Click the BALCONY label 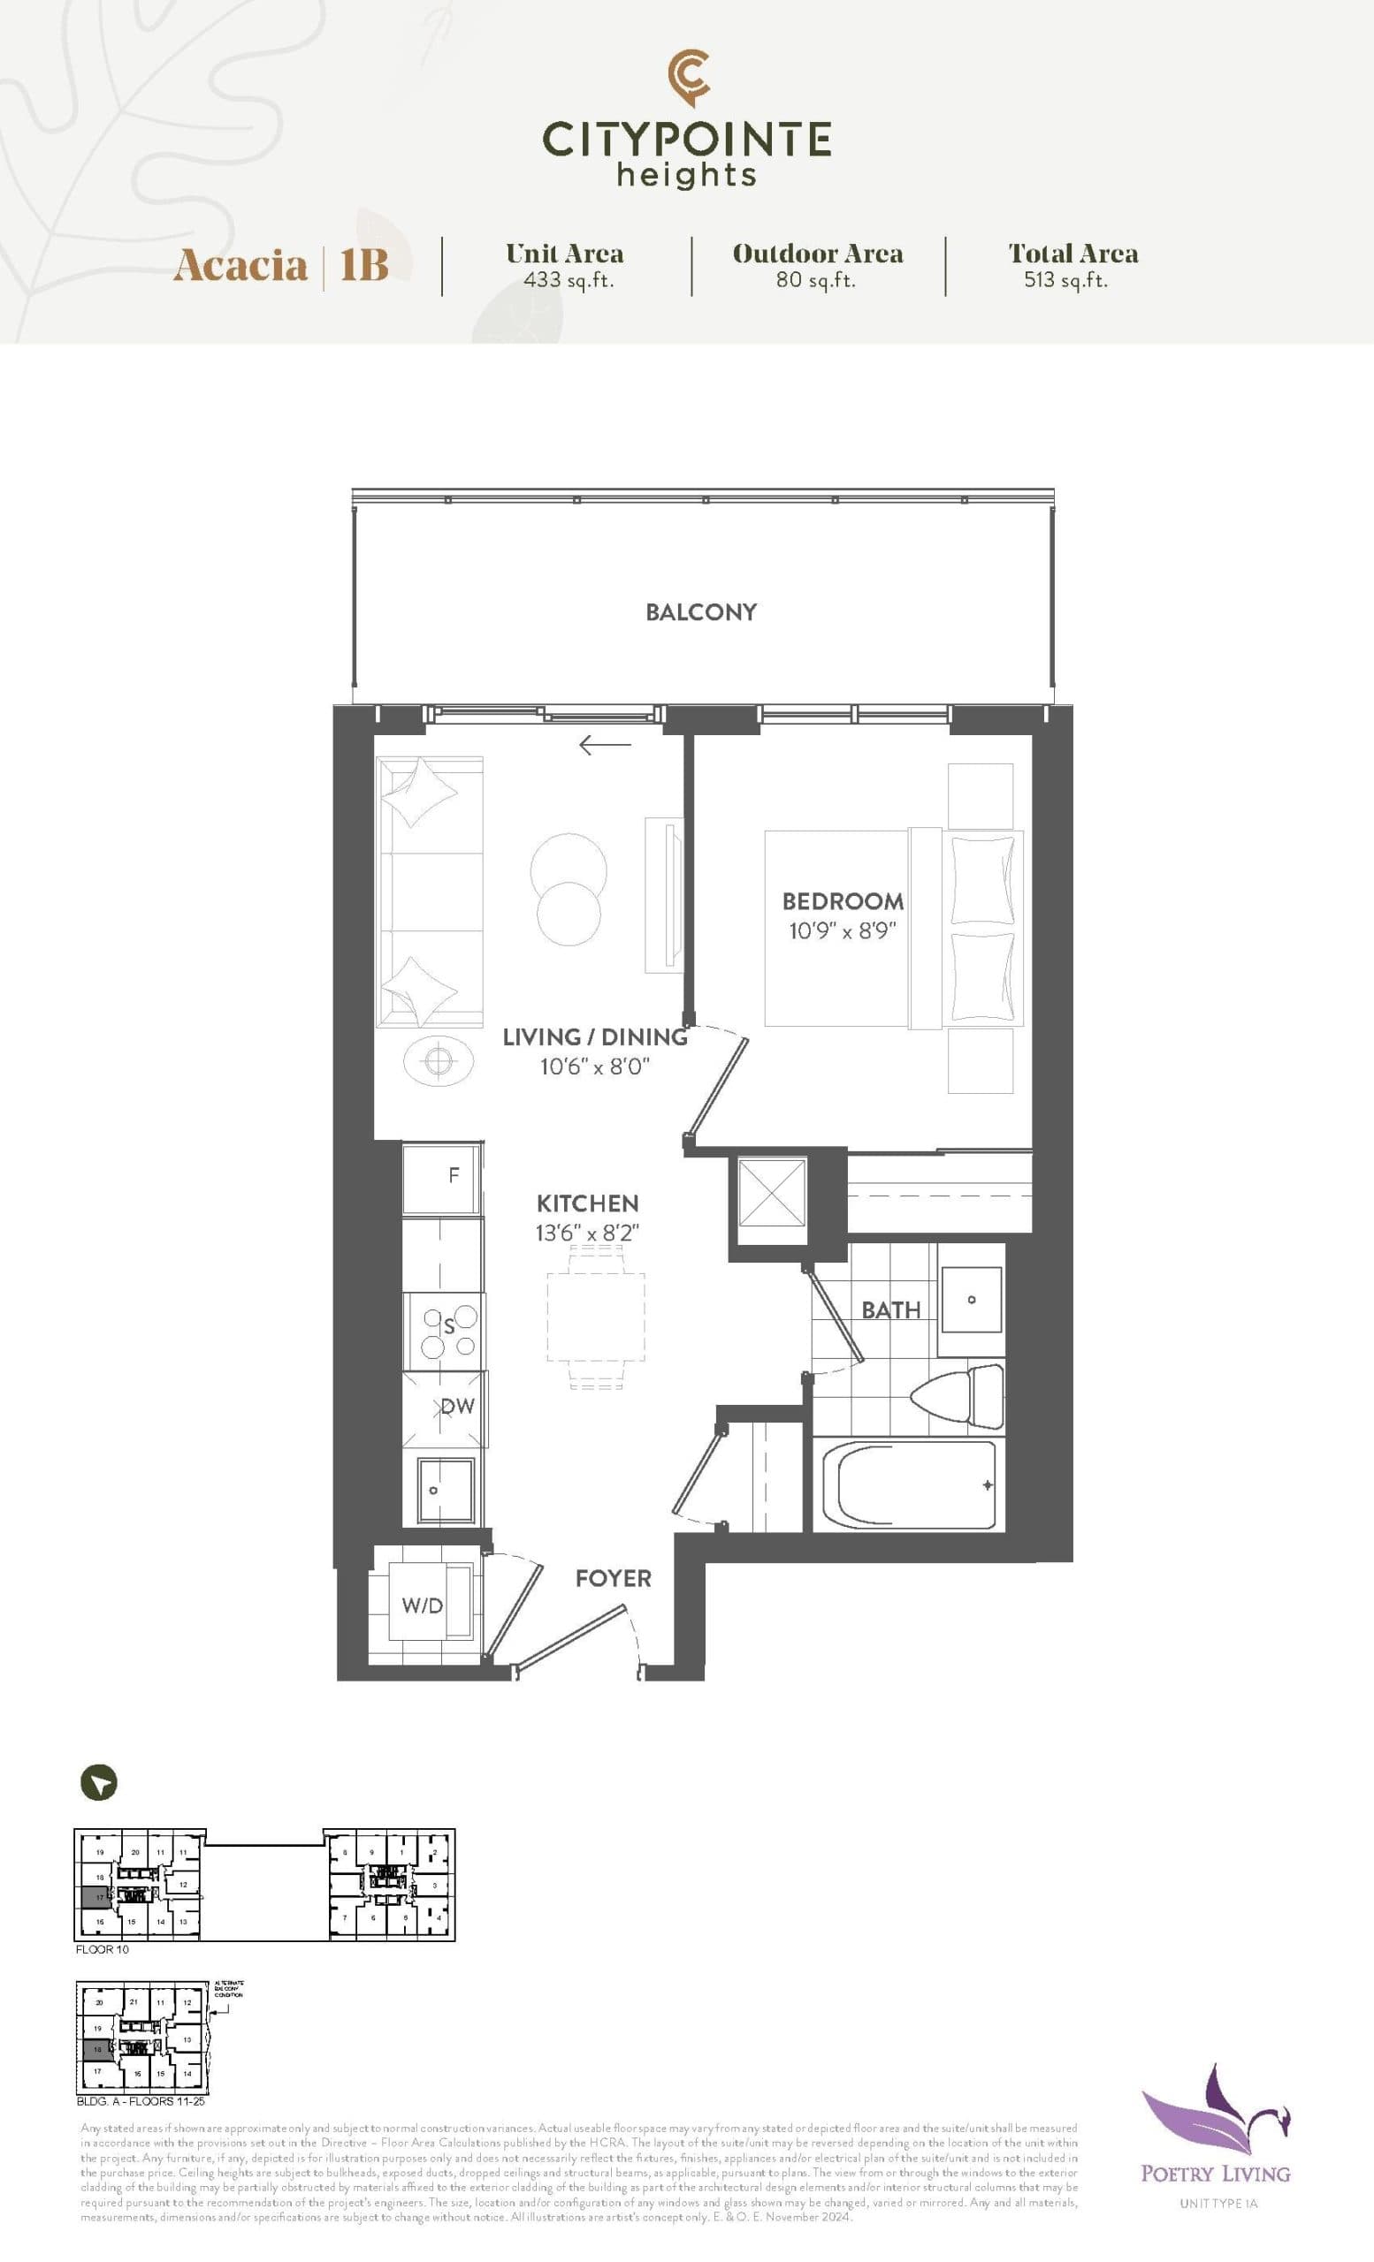point(701,612)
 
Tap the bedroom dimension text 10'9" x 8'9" point(842,931)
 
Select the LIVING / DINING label point(594,1037)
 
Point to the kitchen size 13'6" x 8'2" point(587,1233)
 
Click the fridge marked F point(443,1178)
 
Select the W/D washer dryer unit point(424,1605)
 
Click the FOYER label point(613,1579)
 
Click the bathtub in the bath point(907,1485)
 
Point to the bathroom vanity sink point(970,1300)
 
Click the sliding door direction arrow point(606,745)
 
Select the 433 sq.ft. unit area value point(568,281)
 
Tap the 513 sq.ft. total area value point(1065,281)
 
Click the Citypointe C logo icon point(688,78)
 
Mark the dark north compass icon point(99,1783)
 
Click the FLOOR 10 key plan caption point(102,1950)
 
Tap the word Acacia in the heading point(240,266)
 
